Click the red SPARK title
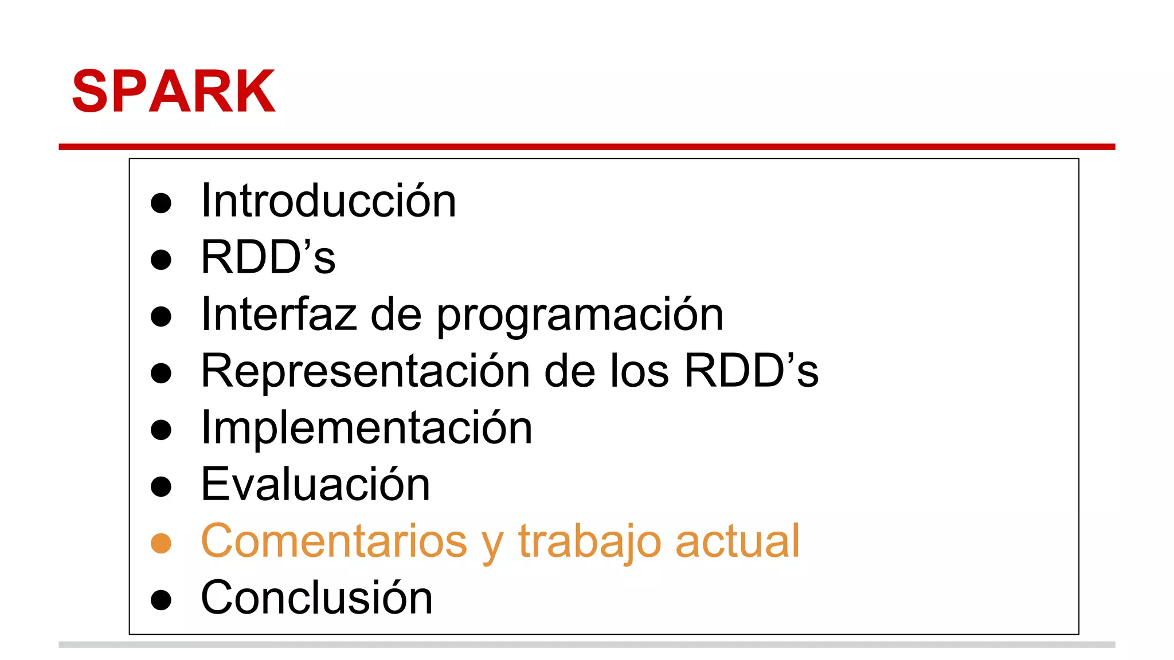point(173,92)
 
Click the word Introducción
point(328,201)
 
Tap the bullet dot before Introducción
point(161,203)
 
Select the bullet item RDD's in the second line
point(268,257)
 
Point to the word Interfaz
point(279,314)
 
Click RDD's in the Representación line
point(752,371)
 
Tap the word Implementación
point(366,428)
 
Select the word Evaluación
point(315,485)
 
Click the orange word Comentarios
point(334,541)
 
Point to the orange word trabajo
point(590,542)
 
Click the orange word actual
point(737,541)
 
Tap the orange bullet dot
point(161,543)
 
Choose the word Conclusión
point(316,598)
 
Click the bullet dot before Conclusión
point(161,600)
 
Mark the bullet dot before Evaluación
point(161,486)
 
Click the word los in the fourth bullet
point(639,371)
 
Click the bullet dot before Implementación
point(161,430)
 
